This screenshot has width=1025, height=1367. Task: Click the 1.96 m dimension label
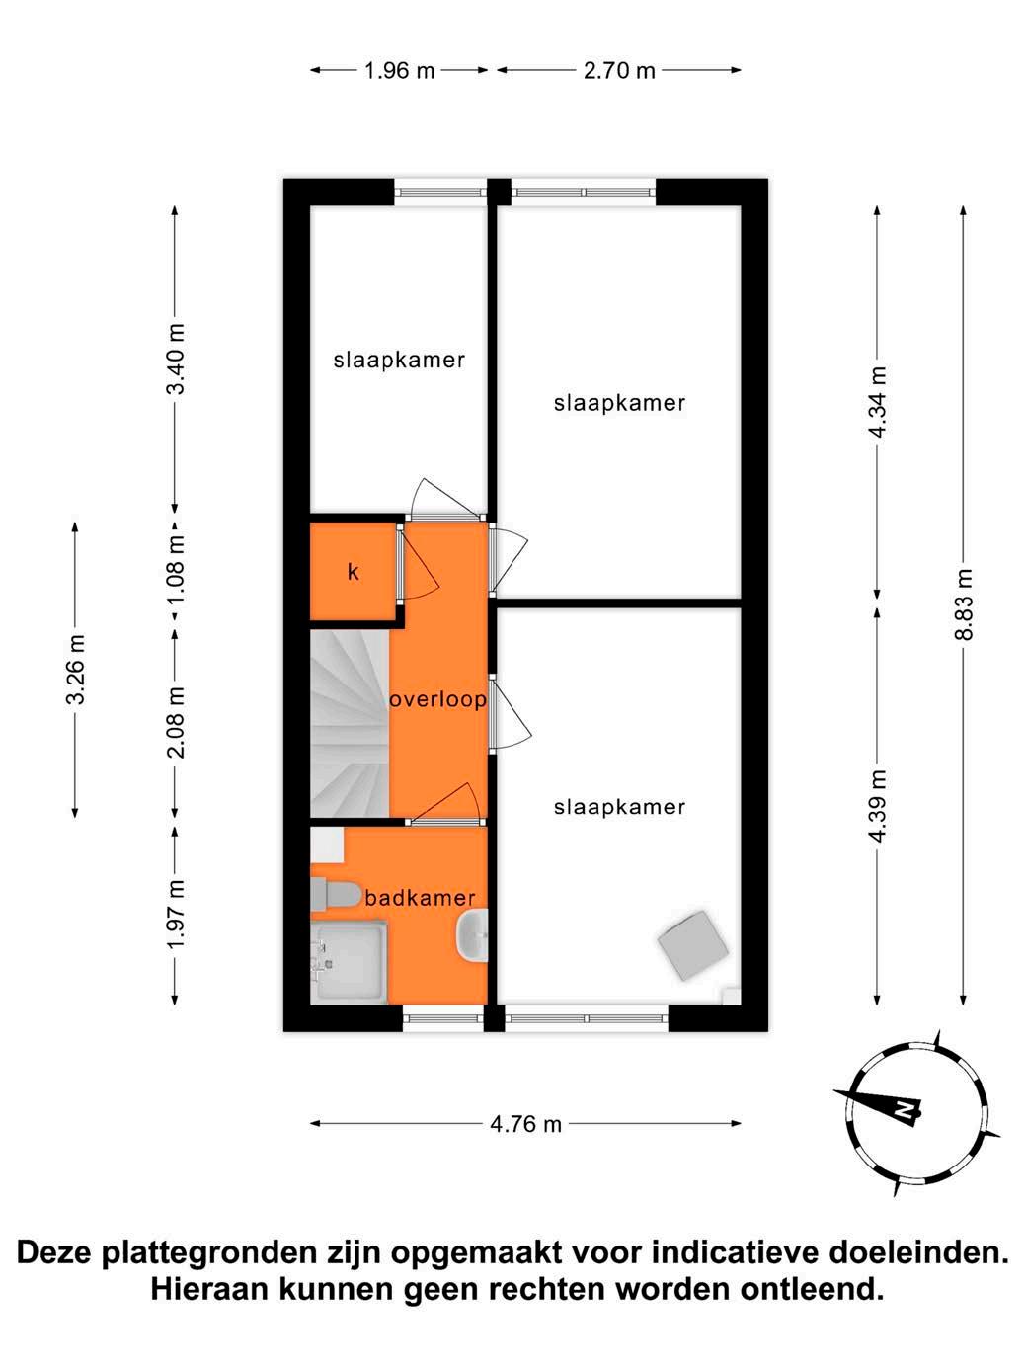[x=399, y=71]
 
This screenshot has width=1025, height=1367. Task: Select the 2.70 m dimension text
[x=619, y=71]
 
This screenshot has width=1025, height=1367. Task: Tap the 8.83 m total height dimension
[x=964, y=604]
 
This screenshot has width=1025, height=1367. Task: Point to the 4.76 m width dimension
[x=525, y=1124]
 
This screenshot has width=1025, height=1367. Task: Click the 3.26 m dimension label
[x=75, y=669]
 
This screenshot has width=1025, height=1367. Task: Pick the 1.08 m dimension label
[x=176, y=570]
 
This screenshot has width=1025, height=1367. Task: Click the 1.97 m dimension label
[x=176, y=915]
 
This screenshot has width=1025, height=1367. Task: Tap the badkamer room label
[x=420, y=898]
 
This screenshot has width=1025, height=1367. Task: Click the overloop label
[x=437, y=699]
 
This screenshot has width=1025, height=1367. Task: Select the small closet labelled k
[x=354, y=572]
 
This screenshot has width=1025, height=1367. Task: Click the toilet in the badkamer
[x=335, y=895]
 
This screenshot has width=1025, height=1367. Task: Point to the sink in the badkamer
[x=475, y=935]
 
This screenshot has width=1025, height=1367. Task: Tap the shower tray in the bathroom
[x=349, y=963]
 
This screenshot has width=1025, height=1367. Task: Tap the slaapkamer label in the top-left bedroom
[x=399, y=360]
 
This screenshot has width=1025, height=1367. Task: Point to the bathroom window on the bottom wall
[x=442, y=1018]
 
